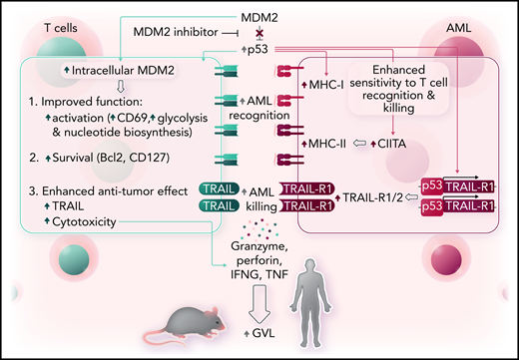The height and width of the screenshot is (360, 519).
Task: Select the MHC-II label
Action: coord(329,146)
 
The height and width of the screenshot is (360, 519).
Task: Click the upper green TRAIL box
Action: coord(221,186)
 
